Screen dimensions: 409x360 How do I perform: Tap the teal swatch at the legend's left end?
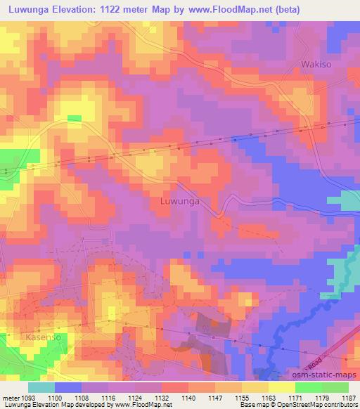(41, 387)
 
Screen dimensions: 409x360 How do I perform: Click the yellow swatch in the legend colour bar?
(281, 387)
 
